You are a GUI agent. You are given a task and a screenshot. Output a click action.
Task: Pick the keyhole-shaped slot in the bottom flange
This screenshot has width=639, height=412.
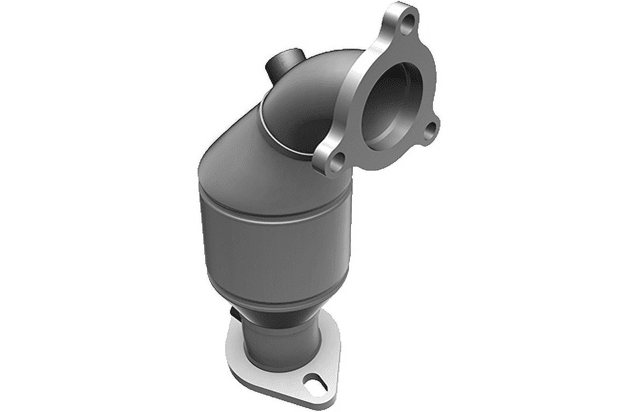[316, 381]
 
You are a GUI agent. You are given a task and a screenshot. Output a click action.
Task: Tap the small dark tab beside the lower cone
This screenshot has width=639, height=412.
[235, 314]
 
